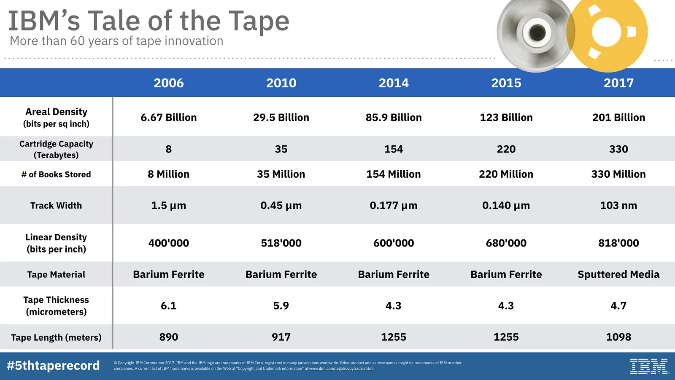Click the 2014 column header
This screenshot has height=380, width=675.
(x=394, y=83)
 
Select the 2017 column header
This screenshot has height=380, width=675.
(x=618, y=83)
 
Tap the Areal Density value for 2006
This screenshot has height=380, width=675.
(x=168, y=117)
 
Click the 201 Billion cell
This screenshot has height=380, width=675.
(x=618, y=117)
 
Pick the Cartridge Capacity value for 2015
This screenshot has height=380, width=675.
(x=506, y=149)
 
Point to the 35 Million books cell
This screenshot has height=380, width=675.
(x=281, y=174)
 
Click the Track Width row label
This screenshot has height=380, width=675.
(x=56, y=206)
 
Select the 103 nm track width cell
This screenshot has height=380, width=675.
(x=618, y=206)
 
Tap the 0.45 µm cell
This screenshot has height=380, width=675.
(x=281, y=206)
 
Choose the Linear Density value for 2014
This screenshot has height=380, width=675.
(x=394, y=243)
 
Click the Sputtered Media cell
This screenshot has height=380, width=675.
(x=618, y=274)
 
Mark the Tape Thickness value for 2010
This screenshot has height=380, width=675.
(x=281, y=306)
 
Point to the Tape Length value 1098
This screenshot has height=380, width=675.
(x=618, y=337)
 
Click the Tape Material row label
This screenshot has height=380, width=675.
(x=56, y=274)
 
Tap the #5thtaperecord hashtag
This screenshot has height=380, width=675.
(x=53, y=366)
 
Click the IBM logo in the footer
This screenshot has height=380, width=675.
(x=649, y=366)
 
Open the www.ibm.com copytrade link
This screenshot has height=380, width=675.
(x=341, y=369)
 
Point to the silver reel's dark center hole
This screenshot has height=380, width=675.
(x=537, y=32)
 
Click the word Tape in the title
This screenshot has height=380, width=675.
(x=259, y=21)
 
